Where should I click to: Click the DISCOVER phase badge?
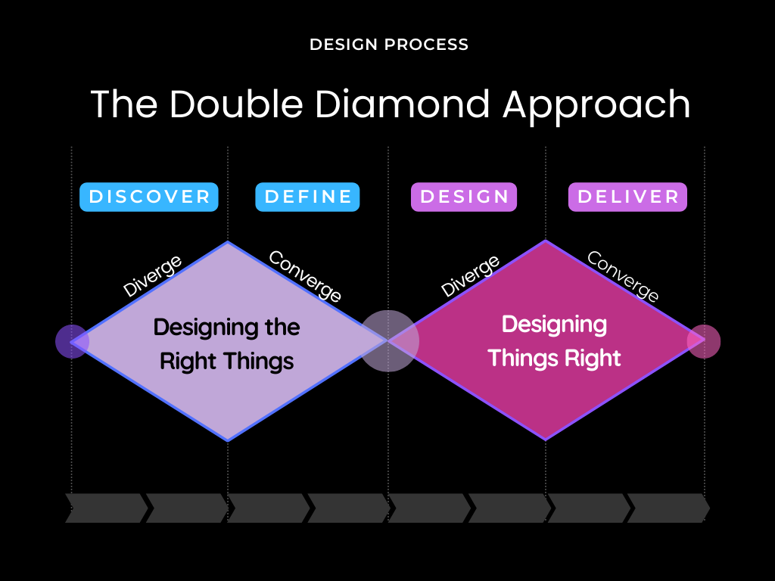coord(149,197)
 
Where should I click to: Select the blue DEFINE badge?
coord(307,197)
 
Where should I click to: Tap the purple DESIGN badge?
coord(464,197)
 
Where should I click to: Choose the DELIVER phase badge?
coord(627,197)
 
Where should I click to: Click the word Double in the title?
coord(236,104)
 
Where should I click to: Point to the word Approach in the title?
coord(596,107)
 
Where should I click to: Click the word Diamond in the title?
coord(403,104)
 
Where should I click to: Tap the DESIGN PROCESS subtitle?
coord(389,45)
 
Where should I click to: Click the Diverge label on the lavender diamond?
coord(152,276)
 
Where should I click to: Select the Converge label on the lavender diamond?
coord(305,275)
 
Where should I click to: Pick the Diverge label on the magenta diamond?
coord(470,276)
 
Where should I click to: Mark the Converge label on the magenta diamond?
coord(623,275)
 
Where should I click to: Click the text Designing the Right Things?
coord(227,344)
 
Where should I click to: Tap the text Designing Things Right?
coord(554,341)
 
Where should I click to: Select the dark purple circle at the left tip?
coord(72,341)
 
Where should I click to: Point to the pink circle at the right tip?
coord(704,341)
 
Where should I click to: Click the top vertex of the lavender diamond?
coord(228,241)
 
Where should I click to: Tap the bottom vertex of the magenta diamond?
coord(546,440)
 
